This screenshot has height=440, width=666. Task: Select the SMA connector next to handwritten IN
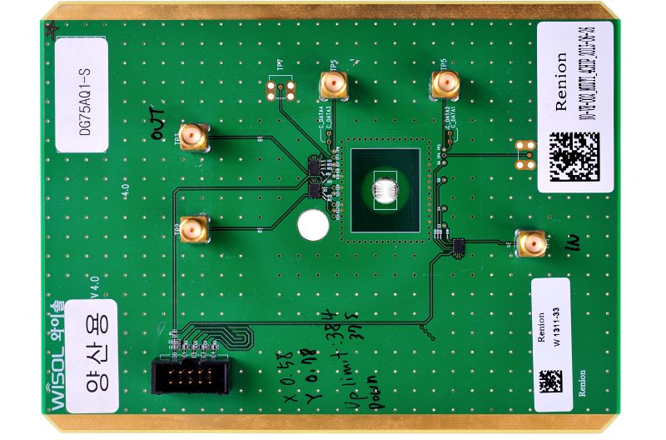coord(530,243)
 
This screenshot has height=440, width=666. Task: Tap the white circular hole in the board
coord(313,225)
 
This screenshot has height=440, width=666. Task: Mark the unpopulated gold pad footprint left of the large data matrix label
coord(524,153)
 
